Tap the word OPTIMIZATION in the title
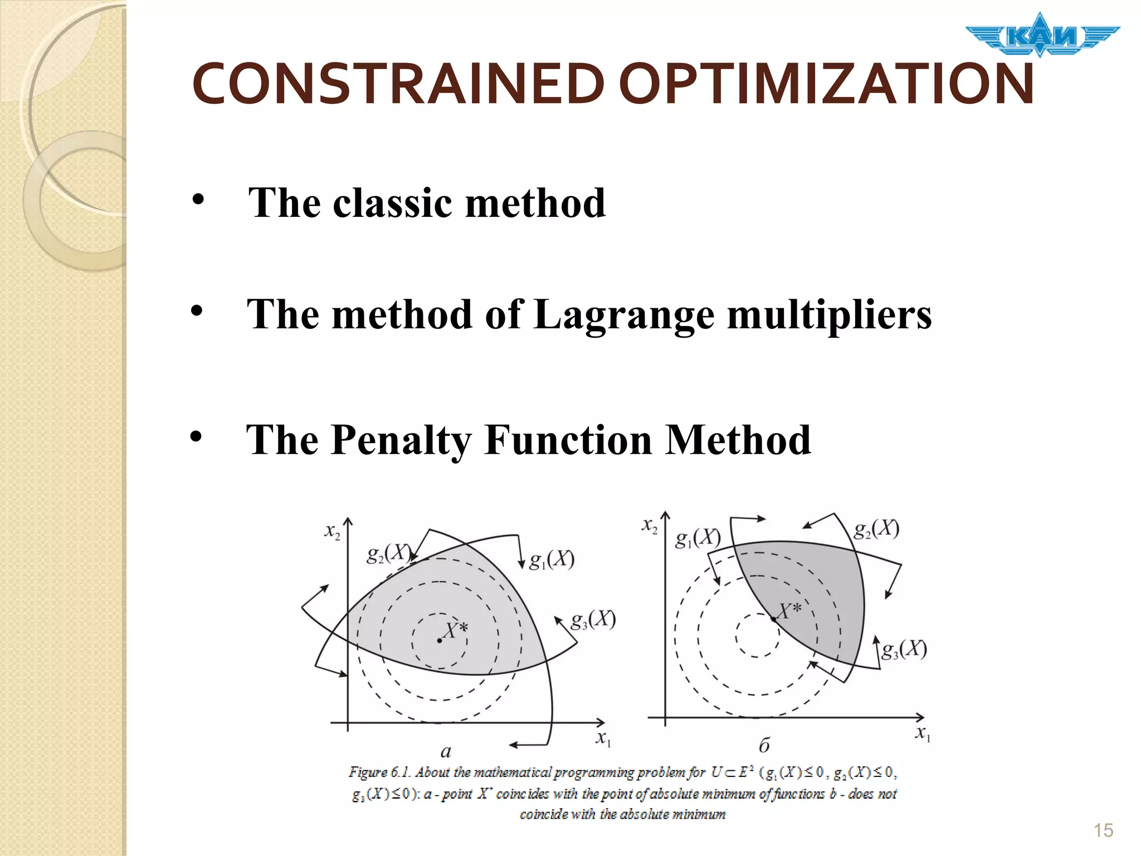[x=826, y=85]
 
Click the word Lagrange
[x=623, y=315]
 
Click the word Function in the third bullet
[x=568, y=441]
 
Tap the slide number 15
[x=1103, y=830]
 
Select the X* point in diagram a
[x=440, y=640]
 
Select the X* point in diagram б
[x=774, y=619]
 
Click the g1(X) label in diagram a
[x=551, y=560]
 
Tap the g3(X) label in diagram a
[x=593, y=620]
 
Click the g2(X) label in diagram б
[x=876, y=528]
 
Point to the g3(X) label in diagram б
[x=904, y=649]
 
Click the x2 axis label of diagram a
[x=332, y=532]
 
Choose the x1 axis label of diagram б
[x=923, y=733]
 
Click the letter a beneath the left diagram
[x=446, y=752]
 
